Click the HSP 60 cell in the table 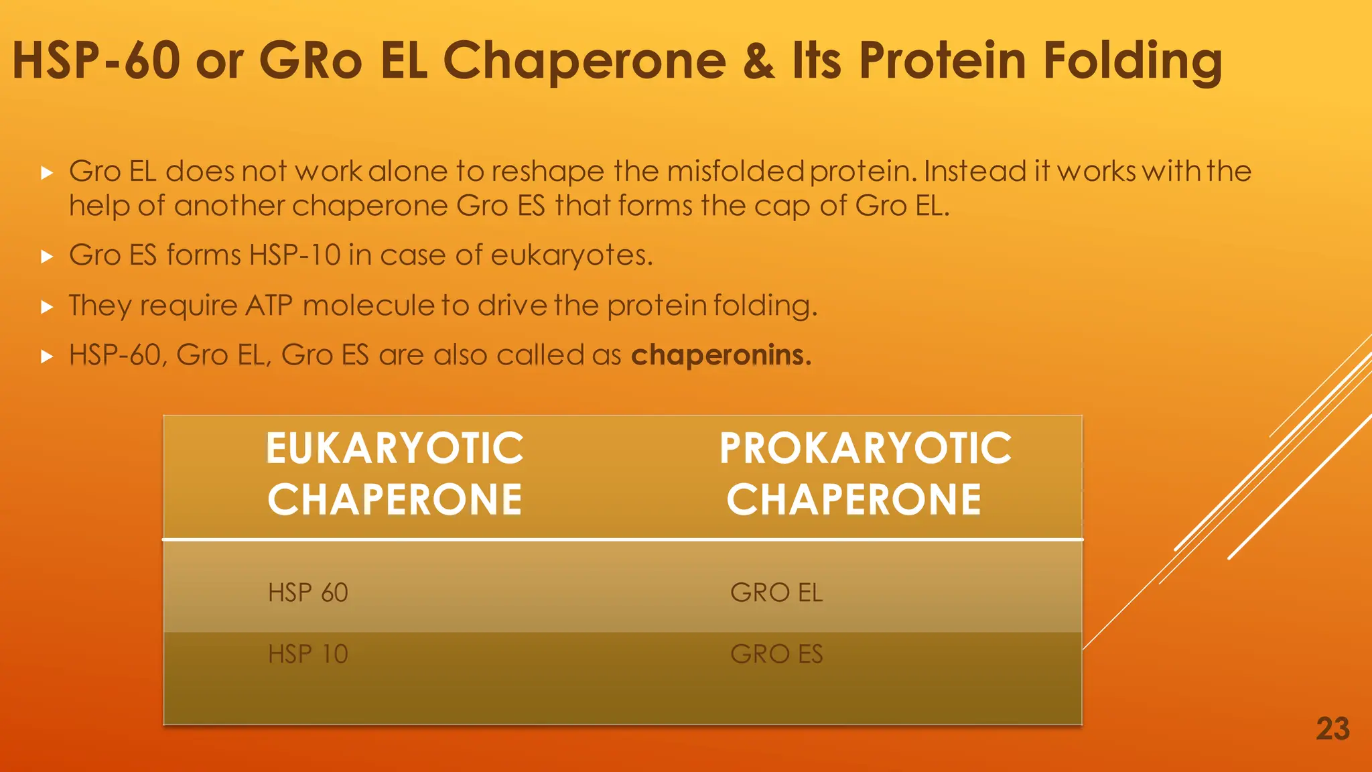(308, 592)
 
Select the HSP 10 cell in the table (308, 654)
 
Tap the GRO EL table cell (776, 592)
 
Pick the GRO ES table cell (776, 654)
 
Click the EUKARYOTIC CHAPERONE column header (395, 474)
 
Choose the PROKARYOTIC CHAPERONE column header (864, 474)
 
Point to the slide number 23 (1332, 729)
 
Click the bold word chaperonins (721, 355)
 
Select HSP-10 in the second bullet (295, 255)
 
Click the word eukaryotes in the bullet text (571, 256)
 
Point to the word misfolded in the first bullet (735, 172)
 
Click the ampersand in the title (758, 61)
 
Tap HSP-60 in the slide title (96, 61)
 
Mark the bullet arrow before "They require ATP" (46, 307)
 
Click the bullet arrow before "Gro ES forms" (46, 257)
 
